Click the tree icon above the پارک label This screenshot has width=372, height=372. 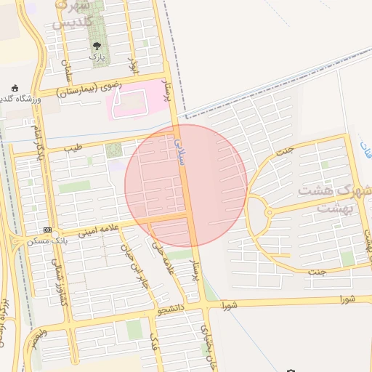point(97,46)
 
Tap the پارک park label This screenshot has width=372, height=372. point(97,56)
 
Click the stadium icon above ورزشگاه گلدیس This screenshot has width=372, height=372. point(15,88)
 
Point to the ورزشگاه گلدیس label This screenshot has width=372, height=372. point(21,99)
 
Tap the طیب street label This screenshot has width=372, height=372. point(73,147)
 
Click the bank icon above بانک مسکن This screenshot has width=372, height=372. point(47,230)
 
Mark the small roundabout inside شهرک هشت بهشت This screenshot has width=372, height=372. point(269,212)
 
